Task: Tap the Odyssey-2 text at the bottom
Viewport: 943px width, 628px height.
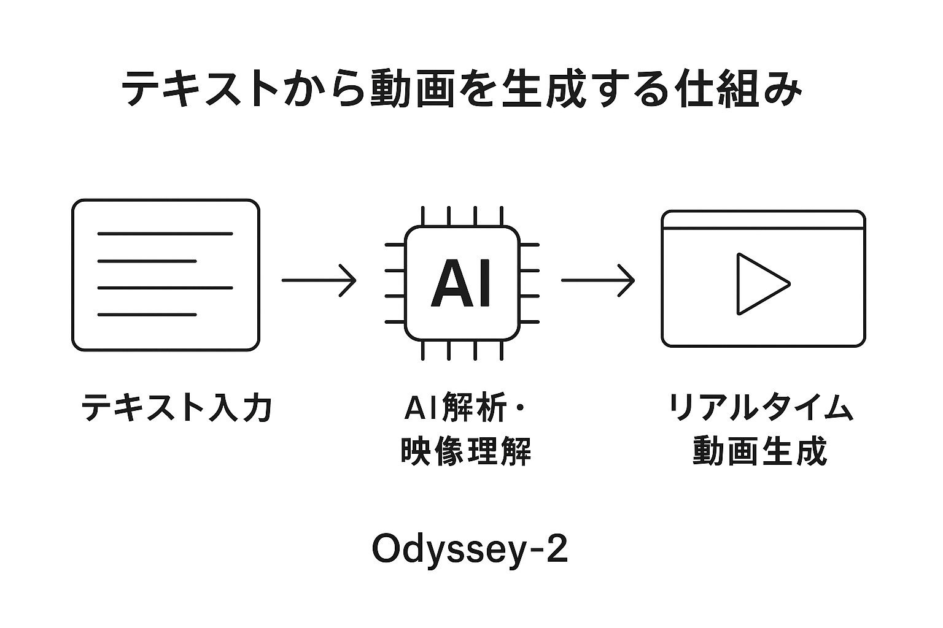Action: (470, 549)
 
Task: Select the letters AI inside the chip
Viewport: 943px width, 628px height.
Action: (462, 283)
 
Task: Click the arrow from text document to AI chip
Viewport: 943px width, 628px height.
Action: (319, 280)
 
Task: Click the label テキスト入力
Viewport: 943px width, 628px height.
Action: (177, 407)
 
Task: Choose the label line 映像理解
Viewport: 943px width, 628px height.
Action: (465, 452)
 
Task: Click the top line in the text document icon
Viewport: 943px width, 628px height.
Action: (165, 234)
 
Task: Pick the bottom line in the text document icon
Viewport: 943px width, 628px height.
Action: (147, 315)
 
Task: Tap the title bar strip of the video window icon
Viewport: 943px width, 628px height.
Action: (763, 220)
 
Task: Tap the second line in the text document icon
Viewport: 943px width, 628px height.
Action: (147, 261)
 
